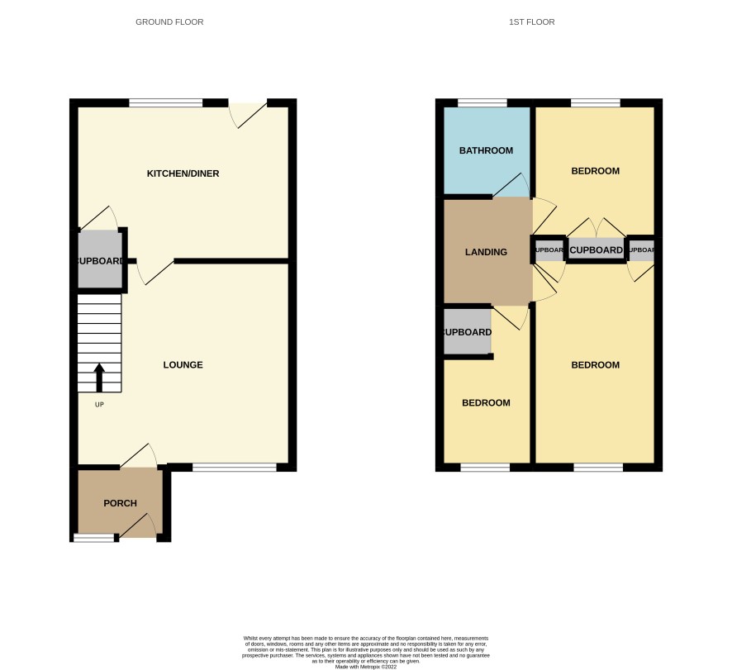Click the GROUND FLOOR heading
tap(169, 22)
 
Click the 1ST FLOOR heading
tap(531, 22)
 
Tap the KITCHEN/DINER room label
tap(183, 173)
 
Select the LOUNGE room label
tap(183, 365)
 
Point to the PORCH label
tap(120, 503)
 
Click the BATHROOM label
tap(486, 151)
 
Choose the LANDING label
tap(486, 252)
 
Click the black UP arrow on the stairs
tap(99, 378)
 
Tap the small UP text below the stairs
tap(99, 405)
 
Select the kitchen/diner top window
tap(166, 103)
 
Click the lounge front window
tap(235, 468)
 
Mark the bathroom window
tap(482, 103)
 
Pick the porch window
tap(94, 538)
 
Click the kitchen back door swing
tap(247, 115)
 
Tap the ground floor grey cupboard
tap(99, 260)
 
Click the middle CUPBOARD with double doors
tap(596, 249)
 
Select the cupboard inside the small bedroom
tap(468, 332)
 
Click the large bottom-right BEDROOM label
tap(595, 365)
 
